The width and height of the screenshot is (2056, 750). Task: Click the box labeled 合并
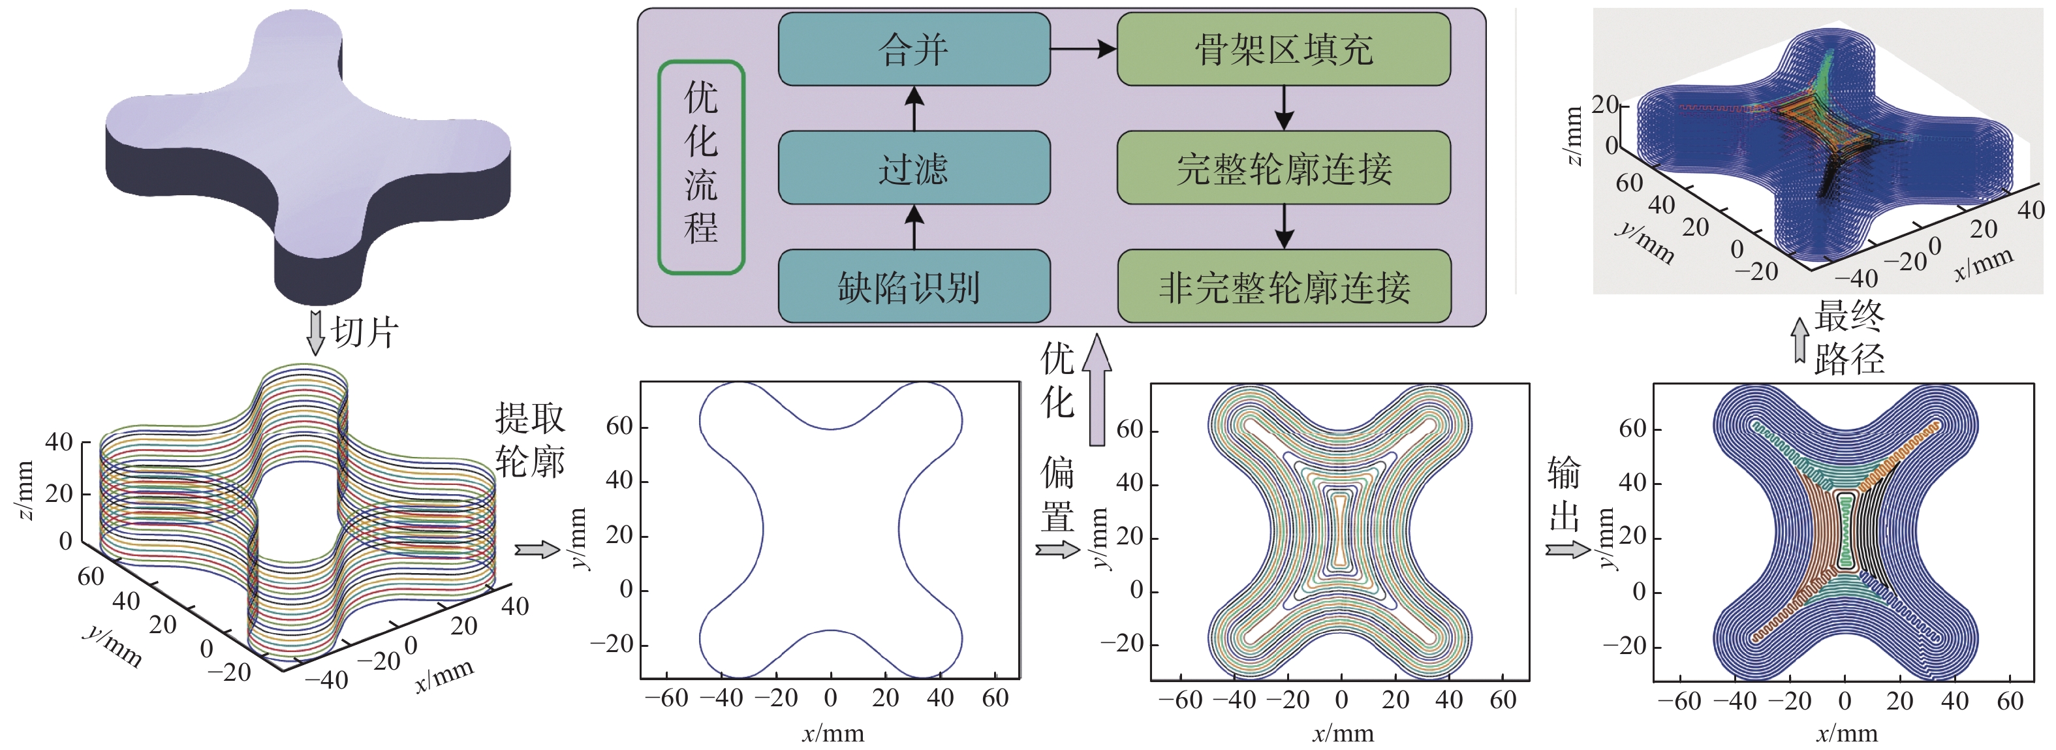(914, 50)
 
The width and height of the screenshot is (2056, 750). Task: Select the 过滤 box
(914, 168)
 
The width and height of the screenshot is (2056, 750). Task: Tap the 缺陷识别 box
(914, 287)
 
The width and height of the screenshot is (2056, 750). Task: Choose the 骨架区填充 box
(1283, 50)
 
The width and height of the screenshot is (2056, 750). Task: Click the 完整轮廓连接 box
(1283, 168)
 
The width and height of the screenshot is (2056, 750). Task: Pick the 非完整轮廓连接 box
(1283, 287)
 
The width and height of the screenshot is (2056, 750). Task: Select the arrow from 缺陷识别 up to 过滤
(914, 227)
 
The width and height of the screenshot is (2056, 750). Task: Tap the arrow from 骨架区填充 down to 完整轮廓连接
(1283, 108)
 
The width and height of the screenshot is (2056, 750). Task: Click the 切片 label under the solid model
(365, 332)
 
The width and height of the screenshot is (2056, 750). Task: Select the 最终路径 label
(1848, 337)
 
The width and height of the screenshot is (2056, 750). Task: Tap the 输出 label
(1564, 495)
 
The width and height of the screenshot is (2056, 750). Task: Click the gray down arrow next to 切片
(316, 332)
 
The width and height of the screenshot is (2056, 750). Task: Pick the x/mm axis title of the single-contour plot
(832, 733)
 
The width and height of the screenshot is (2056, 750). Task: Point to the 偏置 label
(1057, 495)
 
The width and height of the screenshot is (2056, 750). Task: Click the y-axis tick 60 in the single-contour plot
(619, 426)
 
